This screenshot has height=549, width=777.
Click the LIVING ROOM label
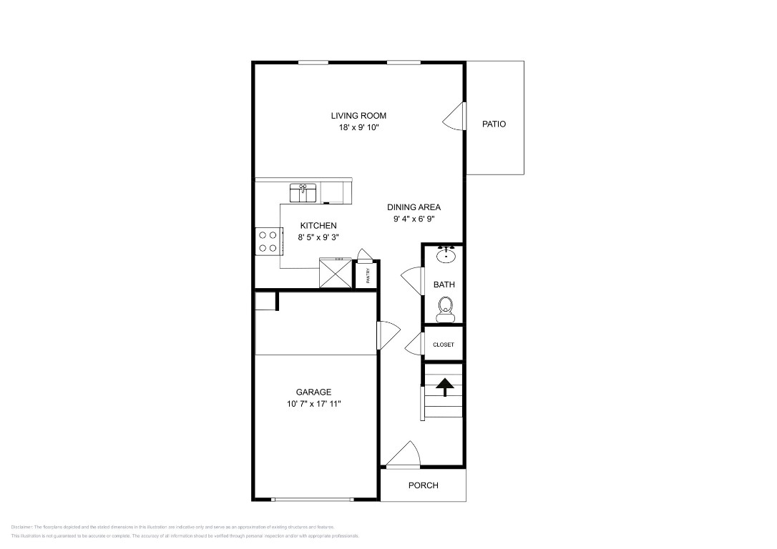358,116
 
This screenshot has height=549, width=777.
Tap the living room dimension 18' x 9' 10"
358,128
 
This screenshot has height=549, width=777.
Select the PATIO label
494,124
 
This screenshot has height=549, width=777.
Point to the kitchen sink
303,192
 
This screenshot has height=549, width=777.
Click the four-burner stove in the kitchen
268,242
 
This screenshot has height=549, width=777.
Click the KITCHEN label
318,226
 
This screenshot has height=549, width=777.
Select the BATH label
444,285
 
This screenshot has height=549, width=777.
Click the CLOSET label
444,345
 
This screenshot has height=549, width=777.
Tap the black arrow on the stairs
444,386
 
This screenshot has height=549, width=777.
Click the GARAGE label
313,392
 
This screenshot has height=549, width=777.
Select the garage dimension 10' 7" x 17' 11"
313,404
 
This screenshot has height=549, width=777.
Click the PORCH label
423,485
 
